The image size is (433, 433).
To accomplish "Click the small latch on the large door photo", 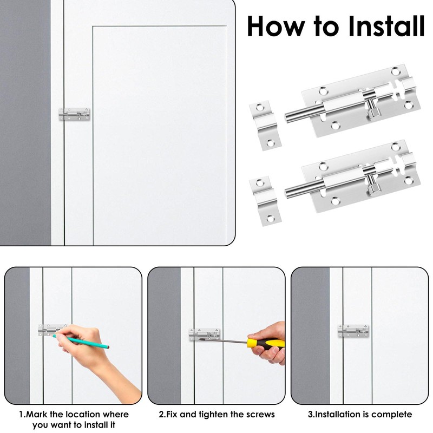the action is (x=74, y=114).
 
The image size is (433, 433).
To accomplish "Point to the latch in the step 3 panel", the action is (x=353, y=331).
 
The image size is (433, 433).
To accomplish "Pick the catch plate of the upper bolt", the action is (x=265, y=125).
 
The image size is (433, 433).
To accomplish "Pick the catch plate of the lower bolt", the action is (x=265, y=201).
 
